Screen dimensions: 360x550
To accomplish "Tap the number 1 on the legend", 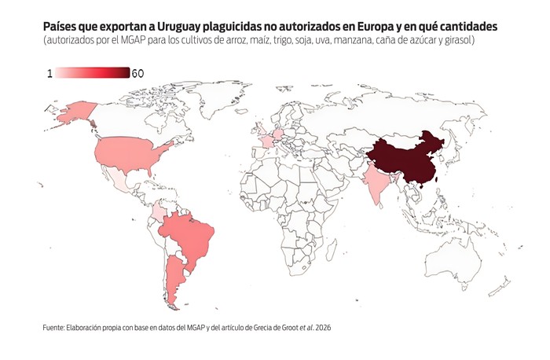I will click(49, 73).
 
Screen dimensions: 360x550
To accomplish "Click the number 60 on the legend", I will click(137, 73).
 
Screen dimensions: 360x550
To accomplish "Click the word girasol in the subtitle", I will click(457, 40).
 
